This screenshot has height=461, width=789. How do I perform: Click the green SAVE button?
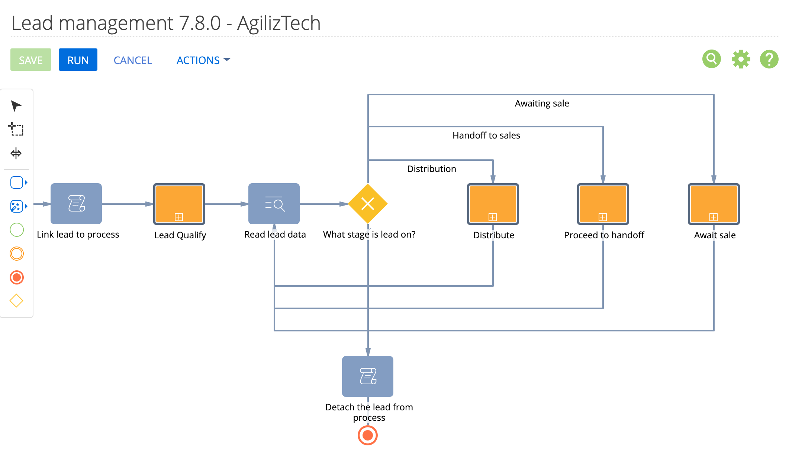(31, 60)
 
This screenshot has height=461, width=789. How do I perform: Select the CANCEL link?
(133, 60)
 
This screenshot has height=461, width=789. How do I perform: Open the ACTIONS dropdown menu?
(203, 60)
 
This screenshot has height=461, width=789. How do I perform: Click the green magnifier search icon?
(712, 59)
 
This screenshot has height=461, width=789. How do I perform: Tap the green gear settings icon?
(741, 59)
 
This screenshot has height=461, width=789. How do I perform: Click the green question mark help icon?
(769, 59)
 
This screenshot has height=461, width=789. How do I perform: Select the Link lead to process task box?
(76, 204)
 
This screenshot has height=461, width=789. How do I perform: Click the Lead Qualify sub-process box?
(179, 204)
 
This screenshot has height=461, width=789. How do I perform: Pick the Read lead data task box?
(274, 204)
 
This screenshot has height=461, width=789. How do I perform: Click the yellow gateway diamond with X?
(368, 204)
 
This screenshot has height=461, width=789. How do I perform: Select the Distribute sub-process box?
(493, 204)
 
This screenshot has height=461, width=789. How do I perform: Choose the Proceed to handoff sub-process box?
(603, 204)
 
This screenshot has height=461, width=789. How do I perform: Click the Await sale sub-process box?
(714, 204)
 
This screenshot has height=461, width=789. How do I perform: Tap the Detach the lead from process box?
(368, 376)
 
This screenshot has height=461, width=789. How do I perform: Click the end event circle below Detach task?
(368, 435)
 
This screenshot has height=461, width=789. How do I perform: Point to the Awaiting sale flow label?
(542, 104)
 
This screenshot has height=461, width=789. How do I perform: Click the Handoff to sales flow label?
(486, 136)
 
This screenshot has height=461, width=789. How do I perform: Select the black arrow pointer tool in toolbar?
(16, 106)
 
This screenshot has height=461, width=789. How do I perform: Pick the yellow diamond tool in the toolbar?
(16, 301)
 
